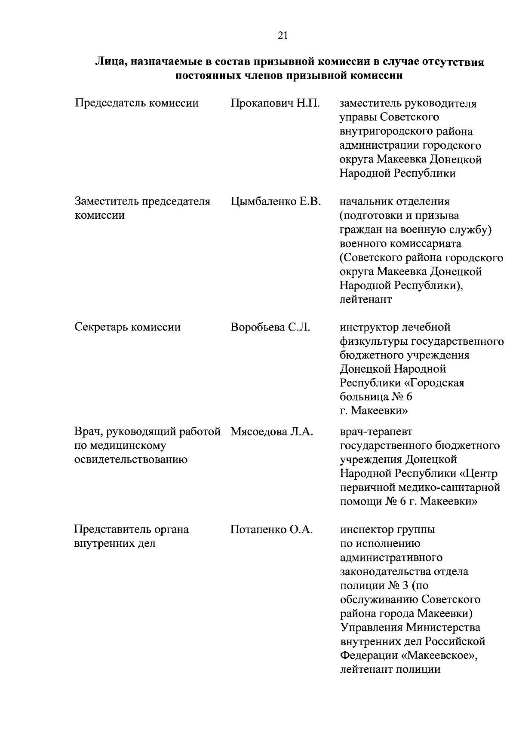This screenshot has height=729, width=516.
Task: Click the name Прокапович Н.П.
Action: (x=275, y=104)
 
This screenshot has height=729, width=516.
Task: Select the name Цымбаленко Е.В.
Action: (x=276, y=201)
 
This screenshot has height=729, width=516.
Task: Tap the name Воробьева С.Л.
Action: (x=270, y=327)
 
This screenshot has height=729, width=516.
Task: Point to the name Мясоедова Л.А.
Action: (x=272, y=431)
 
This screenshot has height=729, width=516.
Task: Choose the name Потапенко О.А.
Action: (x=272, y=529)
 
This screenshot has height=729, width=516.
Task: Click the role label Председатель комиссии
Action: (x=137, y=104)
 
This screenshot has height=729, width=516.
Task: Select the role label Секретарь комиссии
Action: (x=128, y=327)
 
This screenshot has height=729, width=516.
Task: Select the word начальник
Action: (x=368, y=201)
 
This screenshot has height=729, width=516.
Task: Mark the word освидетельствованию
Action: (x=131, y=459)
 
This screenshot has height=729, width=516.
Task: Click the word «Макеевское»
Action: (x=442, y=655)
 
